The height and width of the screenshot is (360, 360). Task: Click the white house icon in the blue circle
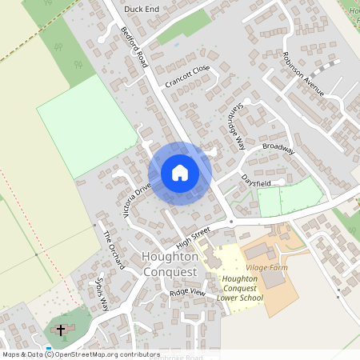point(180,173)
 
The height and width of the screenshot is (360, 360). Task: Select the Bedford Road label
point(135,46)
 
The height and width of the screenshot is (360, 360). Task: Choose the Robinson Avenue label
point(303,74)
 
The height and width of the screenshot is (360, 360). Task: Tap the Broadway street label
point(278,150)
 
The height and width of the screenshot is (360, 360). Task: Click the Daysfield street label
point(257,183)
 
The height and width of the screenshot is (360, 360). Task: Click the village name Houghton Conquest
point(169,263)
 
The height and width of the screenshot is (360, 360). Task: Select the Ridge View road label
point(187,294)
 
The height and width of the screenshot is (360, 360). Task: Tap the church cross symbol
point(61,330)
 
